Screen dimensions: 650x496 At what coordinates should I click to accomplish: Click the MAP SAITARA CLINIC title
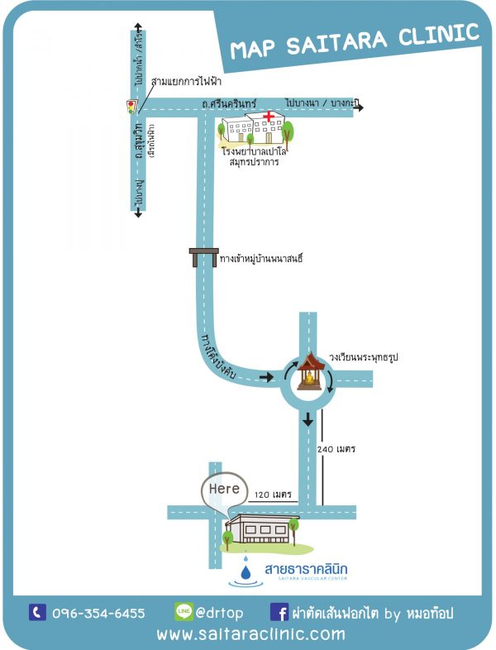355,41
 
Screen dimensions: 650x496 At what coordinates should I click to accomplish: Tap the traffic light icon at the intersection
130,106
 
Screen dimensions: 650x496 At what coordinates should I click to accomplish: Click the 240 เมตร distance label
336,449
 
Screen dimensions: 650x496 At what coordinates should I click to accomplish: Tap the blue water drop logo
246,571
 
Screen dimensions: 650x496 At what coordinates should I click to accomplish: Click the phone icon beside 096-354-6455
37,612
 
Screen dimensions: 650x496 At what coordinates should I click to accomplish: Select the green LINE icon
184,612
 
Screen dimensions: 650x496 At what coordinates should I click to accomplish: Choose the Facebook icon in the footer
279,612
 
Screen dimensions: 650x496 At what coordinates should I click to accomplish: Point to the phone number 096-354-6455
98,613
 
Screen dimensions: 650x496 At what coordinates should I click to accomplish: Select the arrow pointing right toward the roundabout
265,377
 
